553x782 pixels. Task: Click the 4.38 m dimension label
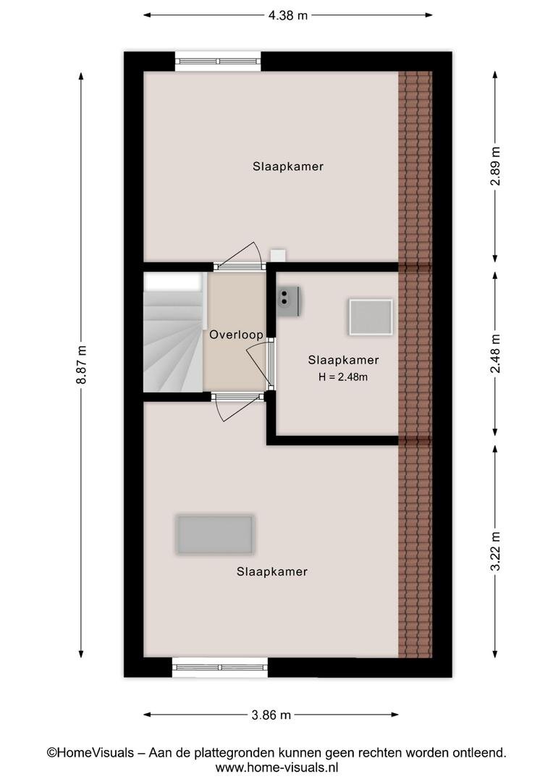288,15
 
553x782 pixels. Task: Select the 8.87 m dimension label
81,364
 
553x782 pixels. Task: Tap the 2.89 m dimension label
495,166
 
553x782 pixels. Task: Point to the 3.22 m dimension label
495,550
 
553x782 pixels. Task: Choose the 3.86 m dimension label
271,715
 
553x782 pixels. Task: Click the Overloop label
237,335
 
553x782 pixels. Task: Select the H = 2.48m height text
343,377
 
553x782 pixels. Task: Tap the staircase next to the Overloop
174,332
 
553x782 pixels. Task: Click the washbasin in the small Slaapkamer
288,300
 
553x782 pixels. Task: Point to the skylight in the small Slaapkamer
371,317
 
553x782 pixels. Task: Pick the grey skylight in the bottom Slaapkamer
215,534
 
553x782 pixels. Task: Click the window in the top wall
218,62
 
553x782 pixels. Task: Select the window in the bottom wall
220,667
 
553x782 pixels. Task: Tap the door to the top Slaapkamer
240,257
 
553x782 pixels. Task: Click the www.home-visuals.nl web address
276,767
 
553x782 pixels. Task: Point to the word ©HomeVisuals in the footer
90,752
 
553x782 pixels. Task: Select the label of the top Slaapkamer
288,167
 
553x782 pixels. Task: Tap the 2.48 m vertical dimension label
495,353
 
